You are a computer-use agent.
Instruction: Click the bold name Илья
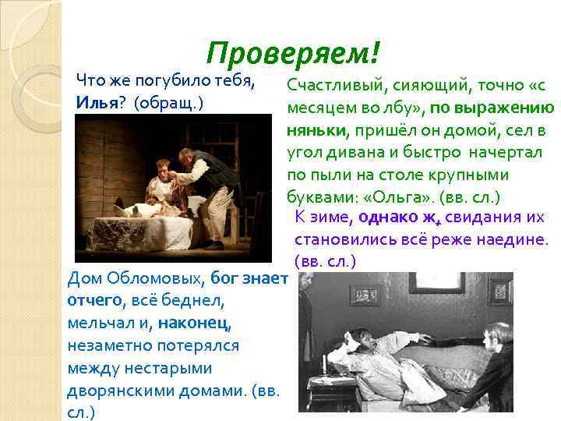[x=96, y=102]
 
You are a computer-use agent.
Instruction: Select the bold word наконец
[x=194, y=321]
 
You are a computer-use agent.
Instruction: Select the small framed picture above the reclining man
[x=363, y=294]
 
